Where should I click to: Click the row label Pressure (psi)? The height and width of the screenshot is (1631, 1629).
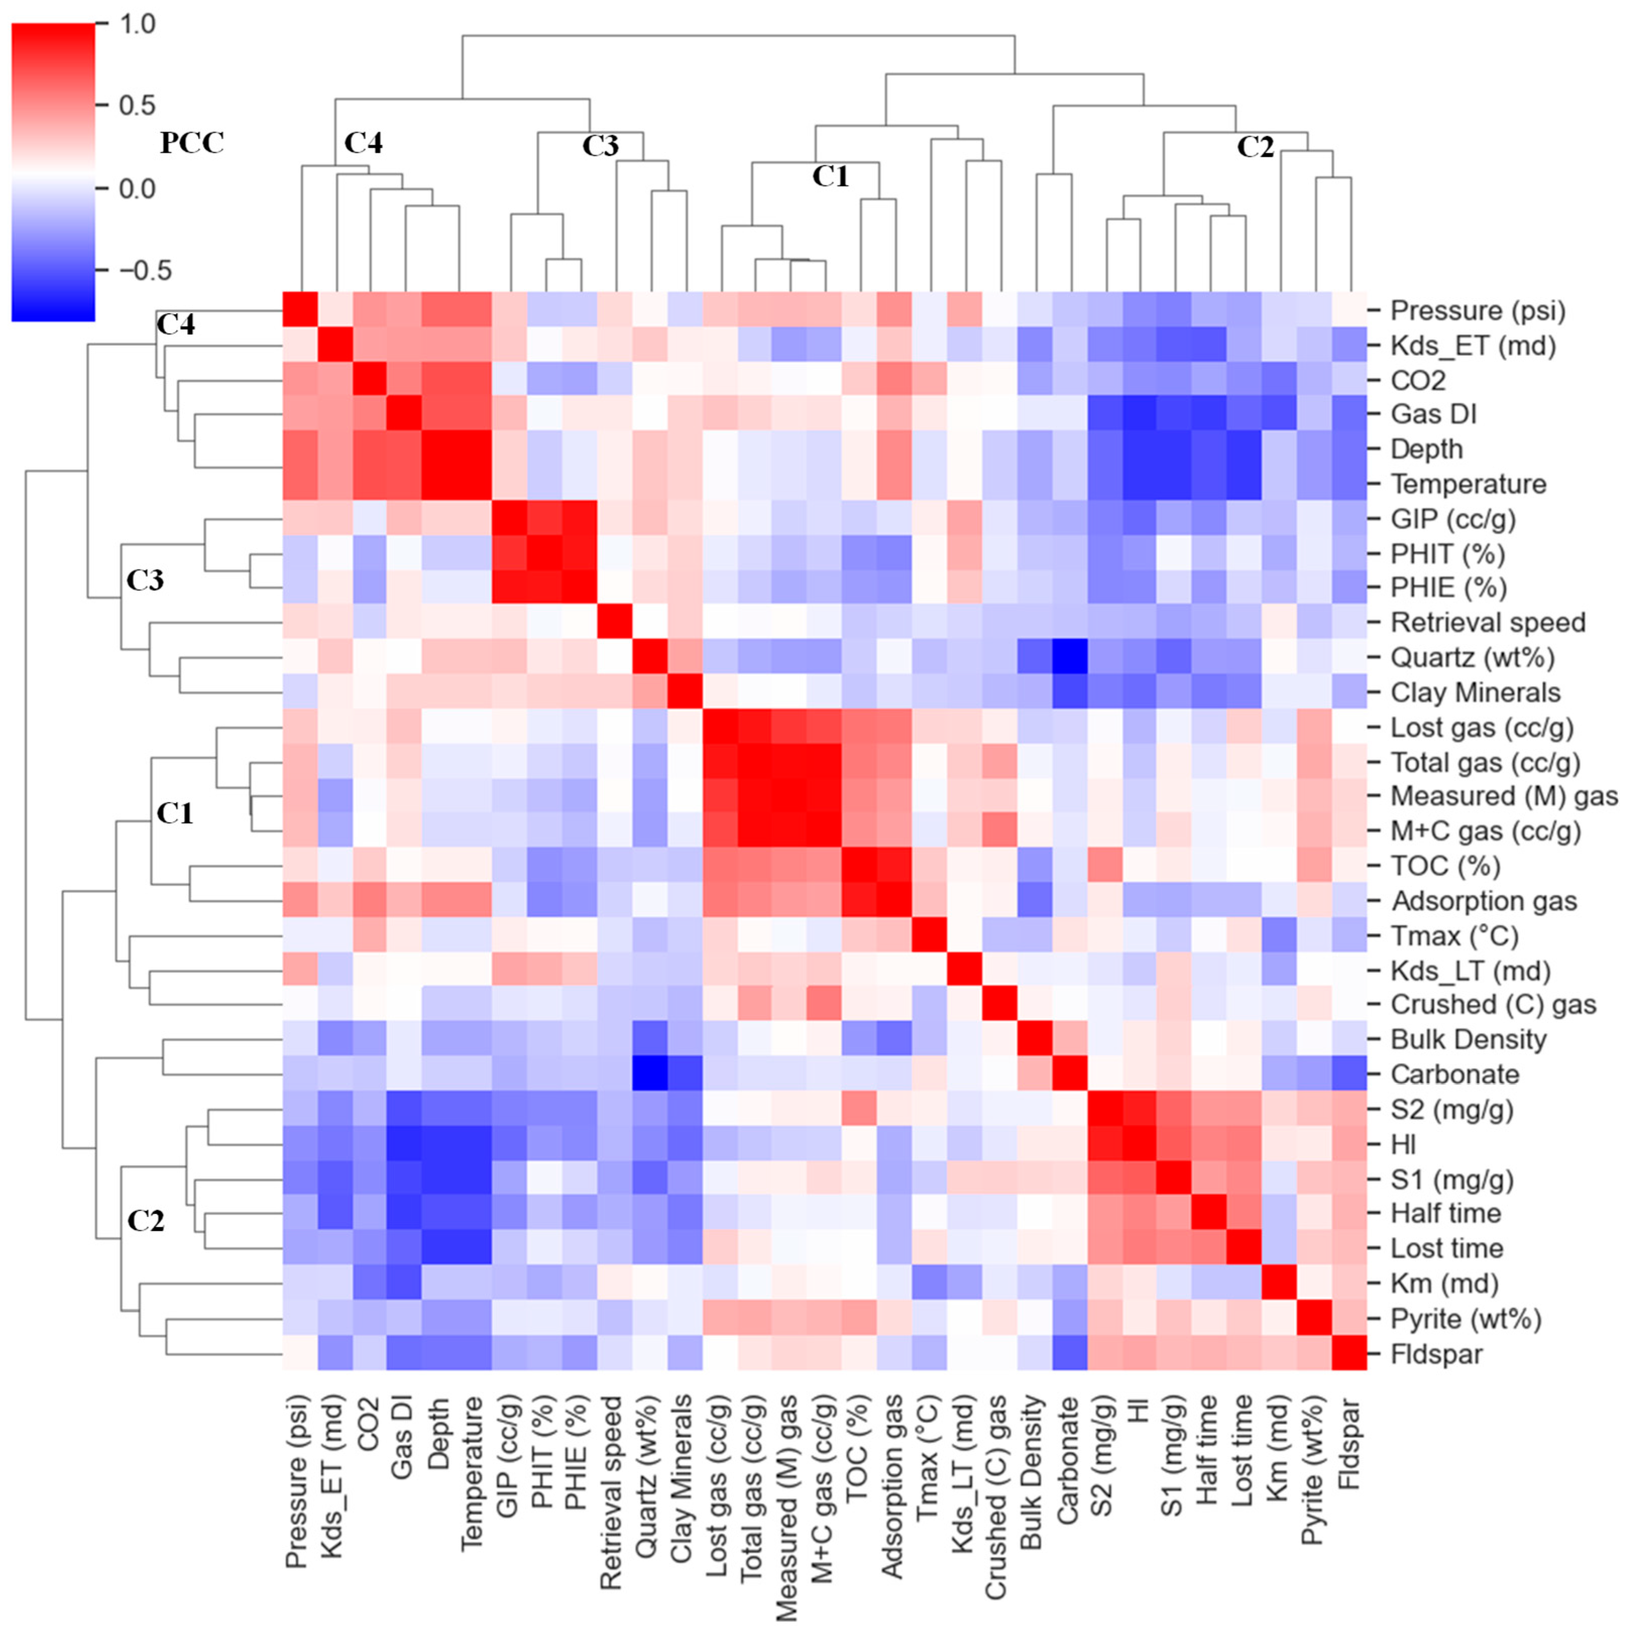(1477, 311)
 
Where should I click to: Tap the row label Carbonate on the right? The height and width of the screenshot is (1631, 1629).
(1455, 1074)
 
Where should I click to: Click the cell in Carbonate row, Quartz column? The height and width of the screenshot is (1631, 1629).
(651, 1074)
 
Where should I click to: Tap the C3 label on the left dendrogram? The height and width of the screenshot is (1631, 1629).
(145, 580)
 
